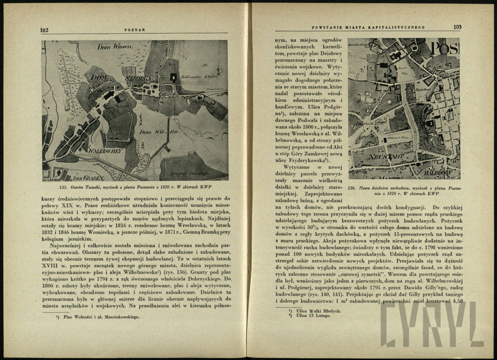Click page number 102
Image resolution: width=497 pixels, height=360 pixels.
click(x=44, y=30)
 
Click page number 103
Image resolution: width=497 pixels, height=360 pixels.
click(x=457, y=27)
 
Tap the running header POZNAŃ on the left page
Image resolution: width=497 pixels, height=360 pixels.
click(x=135, y=30)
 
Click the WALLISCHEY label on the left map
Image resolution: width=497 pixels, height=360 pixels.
click(x=106, y=151)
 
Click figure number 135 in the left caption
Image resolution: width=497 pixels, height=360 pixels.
click(x=63, y=187)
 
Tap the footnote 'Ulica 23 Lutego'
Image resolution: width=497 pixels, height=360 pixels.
click(x=313, y=316)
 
